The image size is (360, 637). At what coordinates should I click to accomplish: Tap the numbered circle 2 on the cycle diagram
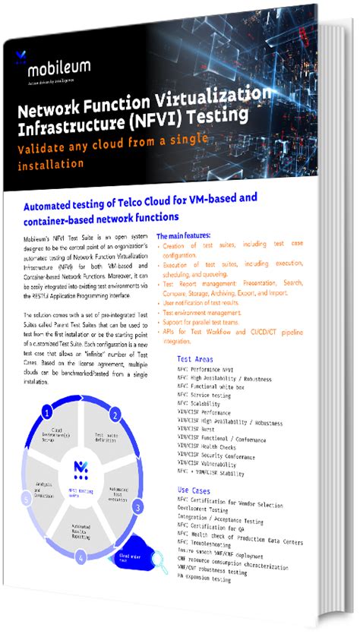[x=115, y=415]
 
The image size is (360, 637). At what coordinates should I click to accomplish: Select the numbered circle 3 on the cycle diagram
[x=138, y=506]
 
